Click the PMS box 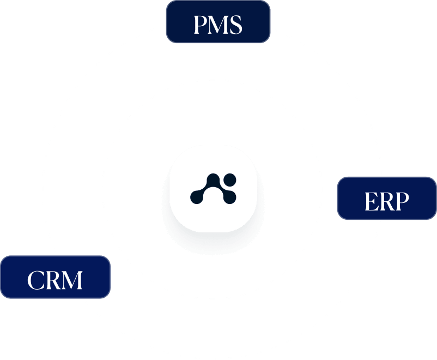(218, 21)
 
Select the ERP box (387, 198)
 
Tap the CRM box (55, 277)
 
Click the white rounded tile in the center (213, 188)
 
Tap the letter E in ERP (372, 201)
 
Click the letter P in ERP (402, 201)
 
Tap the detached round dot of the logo (230, 179)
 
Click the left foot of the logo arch (197, 197)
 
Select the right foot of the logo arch (229, 197)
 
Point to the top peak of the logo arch (213, 177)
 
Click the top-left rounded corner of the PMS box (169, 3)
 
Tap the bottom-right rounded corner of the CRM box (107, 296)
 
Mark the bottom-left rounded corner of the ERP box (340, 217)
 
